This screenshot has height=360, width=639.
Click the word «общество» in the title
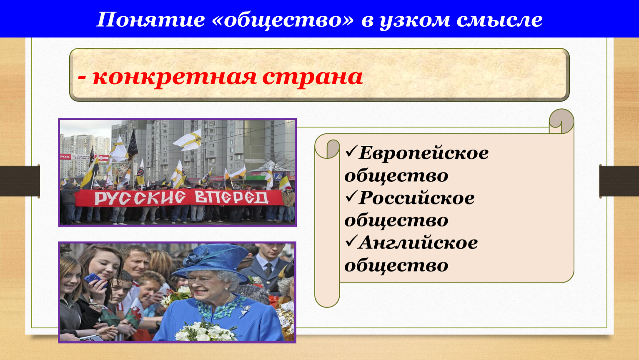pyautogui.click(x=283, y=20)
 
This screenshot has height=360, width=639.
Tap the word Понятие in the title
pyautogui.click(x=150, y=20)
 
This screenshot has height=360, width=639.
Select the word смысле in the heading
pyautogui.click(x=499, y=20)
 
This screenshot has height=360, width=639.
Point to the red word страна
pyautogui.click(x=313, y=77)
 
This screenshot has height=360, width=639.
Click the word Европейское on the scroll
pyautogui.click(x=423, y=153)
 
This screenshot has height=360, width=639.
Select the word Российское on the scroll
pyautogui.click(x=416, y=197)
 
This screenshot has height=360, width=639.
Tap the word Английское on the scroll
pyautogui.click(x=418, y=242)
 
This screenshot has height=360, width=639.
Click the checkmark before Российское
pyautogui.click(x=351, y=196)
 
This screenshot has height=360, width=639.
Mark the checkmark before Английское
pyautogui.click(x=351, y=241)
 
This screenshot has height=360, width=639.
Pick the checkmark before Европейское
pyautogui.click(x=351, y=152)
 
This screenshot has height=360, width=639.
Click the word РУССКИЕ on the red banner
pyautogui.click(x=140, y=197)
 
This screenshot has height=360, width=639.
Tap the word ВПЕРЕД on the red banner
pyautogui.click(x=232, y=197)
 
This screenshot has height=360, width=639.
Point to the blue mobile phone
pyautogui.click(x=95, y=279)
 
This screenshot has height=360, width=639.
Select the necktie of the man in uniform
pyautogui.click(x=268, y=270)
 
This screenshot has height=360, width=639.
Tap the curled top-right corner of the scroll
pyautogui.click(x=561, y=121)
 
